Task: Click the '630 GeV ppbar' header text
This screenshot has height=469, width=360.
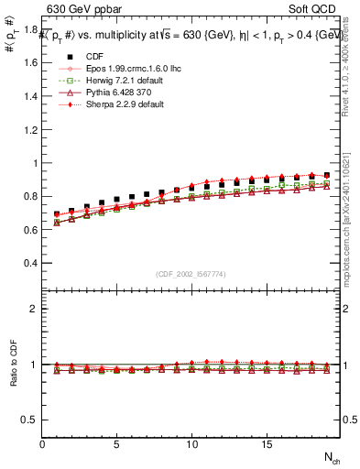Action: pyautogui.click(x=86, y=10)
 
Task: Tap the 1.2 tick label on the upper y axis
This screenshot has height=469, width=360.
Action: pyautogui.click(x=27, y=130)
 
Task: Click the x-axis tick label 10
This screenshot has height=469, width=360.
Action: pyautogui.click(x=192, y=444)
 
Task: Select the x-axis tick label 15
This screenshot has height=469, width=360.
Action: pyautogui.click(x=267, y=444)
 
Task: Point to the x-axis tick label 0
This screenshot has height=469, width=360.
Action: pyautogui.click(x=42, y=444)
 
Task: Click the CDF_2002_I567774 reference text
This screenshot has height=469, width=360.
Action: pyautogui.click(x=191, y=274)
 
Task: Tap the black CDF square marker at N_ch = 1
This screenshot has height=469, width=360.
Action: pyautogui.click(x=57, y=214)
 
